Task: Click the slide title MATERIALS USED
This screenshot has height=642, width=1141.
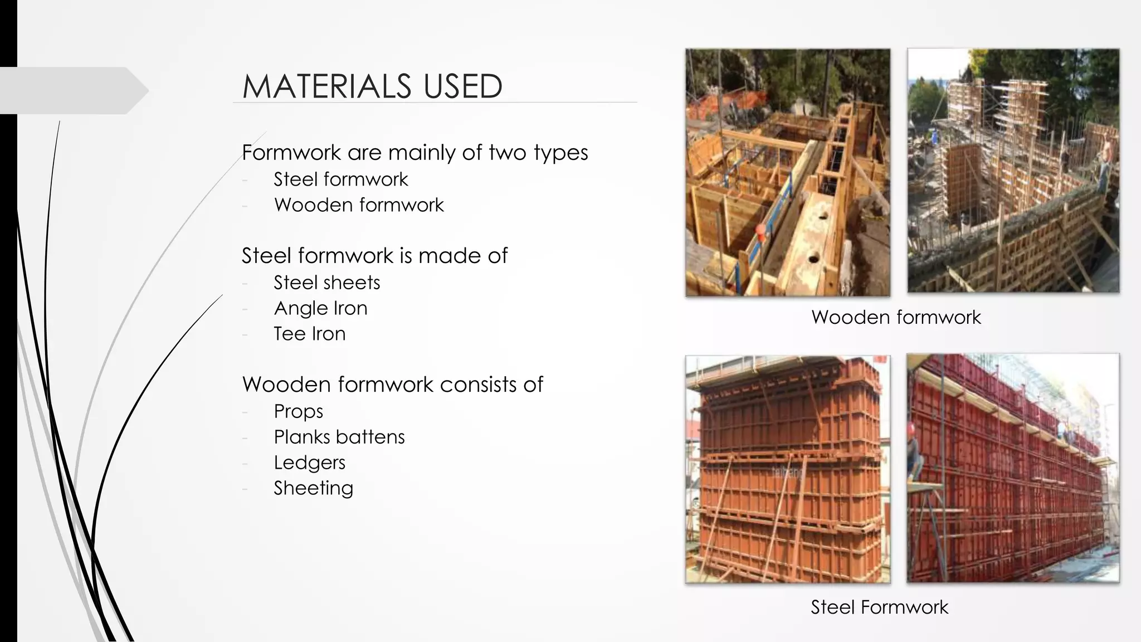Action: click(372, 86)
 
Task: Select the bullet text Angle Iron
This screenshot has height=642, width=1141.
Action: click(320, 308)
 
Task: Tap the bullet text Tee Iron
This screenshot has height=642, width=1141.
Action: click(309, 334)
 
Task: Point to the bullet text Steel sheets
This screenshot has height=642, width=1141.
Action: click(326, 283)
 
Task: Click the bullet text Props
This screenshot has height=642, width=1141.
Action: click(298, 411)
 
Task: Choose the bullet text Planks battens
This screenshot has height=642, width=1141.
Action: click(339, 437)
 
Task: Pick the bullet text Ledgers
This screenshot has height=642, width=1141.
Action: click(309, 463)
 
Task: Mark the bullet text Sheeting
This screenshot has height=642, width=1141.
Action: click(313, 488)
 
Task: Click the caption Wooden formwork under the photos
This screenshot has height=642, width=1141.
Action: click(896, 317)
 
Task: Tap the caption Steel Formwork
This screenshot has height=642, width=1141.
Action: click(879, 607)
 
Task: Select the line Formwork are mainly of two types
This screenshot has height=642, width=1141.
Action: click(415, 152)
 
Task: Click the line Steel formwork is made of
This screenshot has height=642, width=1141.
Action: click(374, 256)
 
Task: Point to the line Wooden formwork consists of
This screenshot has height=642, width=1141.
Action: click(392, 385)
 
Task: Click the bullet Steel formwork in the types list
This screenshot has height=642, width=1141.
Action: click(340, 179)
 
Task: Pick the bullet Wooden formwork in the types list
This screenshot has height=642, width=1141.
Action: click(359, 205)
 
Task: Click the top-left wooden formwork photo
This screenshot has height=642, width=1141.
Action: click(787, 172)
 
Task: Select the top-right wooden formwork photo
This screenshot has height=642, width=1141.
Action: click(1013, 171)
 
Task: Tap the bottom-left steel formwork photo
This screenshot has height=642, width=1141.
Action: click(787, 469)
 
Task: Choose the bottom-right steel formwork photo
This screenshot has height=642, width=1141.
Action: click(1013, 468)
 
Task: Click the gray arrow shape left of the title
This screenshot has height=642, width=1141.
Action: click(72, 90)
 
